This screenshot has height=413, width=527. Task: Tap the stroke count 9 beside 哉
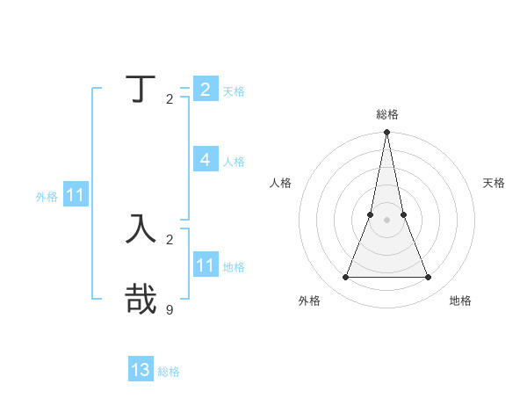170,309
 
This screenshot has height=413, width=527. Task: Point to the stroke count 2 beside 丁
170,98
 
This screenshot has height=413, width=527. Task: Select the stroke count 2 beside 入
170,239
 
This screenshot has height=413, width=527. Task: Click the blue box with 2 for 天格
205,89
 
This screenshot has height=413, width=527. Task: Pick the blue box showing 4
205,160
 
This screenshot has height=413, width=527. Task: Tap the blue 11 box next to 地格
205,265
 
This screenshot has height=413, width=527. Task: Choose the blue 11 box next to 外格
76,196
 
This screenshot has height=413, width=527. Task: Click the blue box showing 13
141,370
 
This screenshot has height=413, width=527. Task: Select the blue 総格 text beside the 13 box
169,372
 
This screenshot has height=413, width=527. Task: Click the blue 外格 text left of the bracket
47,197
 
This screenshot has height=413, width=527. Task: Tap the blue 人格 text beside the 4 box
234,162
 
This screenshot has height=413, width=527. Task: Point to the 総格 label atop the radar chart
386,115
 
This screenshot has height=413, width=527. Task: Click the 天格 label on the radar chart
494,183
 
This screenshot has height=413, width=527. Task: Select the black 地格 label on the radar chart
460,301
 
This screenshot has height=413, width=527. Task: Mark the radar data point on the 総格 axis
386,133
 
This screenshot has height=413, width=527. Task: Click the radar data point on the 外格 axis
345,278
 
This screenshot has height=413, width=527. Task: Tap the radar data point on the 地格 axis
428,278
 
